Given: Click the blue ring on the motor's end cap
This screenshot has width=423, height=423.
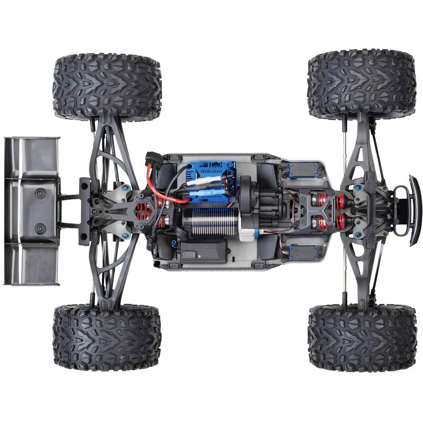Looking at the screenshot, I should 250,232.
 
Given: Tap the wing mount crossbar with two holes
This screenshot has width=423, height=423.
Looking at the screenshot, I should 84,211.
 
